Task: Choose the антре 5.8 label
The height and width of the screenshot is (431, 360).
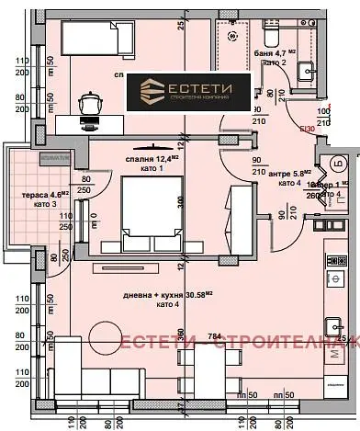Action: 287,172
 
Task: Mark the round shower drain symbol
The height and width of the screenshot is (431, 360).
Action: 232,37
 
